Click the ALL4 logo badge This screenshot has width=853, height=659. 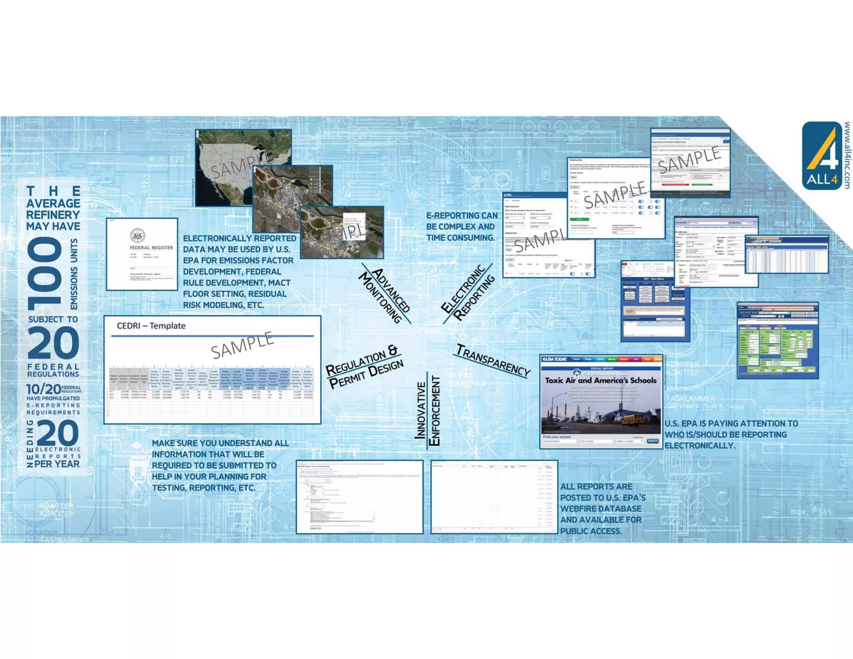[x=822, y=156]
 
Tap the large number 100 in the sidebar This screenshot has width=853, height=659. [x=45, y=274]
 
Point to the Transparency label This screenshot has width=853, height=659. [x=493, y=360]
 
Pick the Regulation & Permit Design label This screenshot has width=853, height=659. [x=364, y=366]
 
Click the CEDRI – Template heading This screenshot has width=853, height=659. [x=151, y=326]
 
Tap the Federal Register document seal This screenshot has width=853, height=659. [x=137, y=236]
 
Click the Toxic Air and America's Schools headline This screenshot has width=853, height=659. [x=601, y=380]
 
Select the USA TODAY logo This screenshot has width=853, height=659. [x=555, y=359]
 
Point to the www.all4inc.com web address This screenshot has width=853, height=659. [x=847, y=155]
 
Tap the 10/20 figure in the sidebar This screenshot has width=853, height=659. [x=44, y=389]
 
